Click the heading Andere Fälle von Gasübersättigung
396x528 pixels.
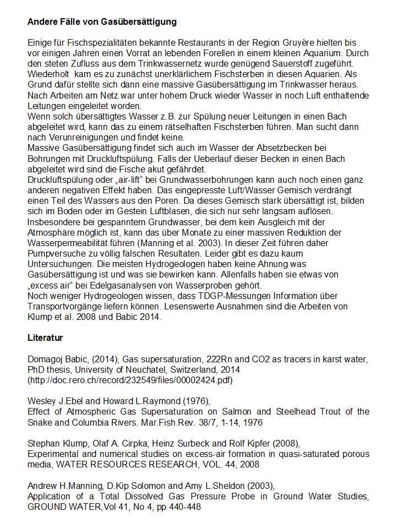102,22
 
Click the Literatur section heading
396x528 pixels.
45,338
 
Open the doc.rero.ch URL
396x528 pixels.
130,380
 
